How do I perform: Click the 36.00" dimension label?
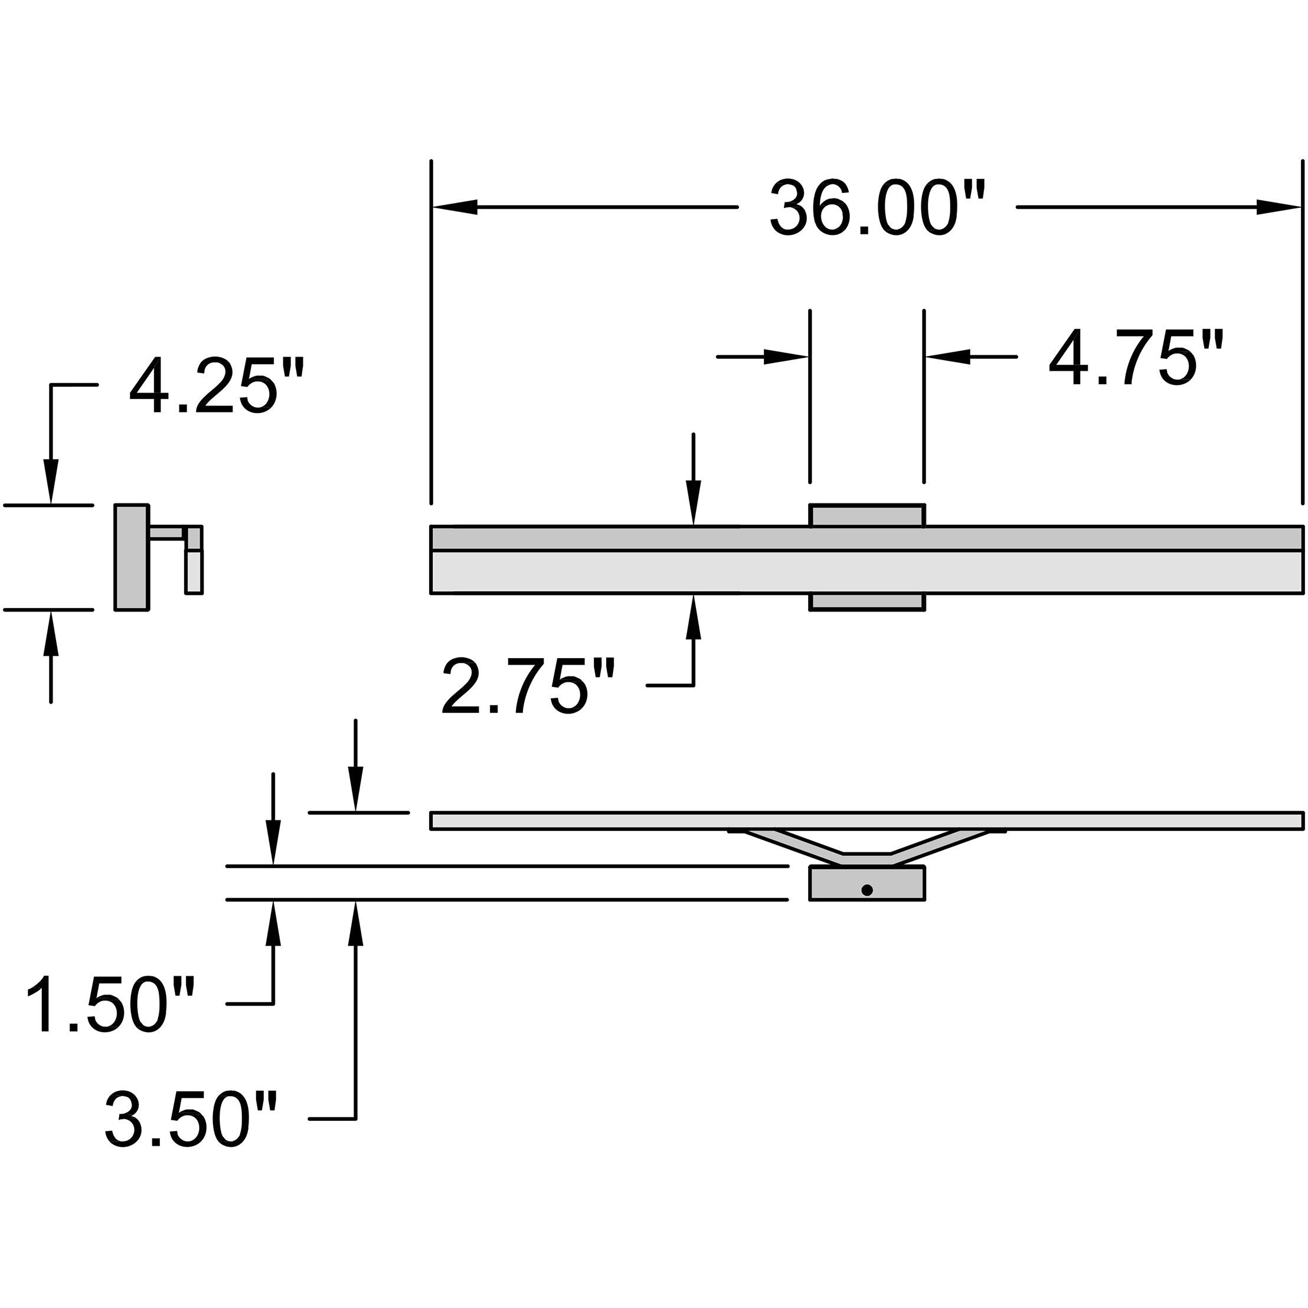point(877,208)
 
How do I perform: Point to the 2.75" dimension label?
point(528,688)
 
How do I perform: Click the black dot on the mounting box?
point(866,890)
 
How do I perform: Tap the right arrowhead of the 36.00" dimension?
point(1279,208)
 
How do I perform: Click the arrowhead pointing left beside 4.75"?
point(948,356)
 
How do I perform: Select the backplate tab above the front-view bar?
point(866,515)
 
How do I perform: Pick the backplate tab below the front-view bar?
point(866,602)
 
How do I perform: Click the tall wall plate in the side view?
point(132,557)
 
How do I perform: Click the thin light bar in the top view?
point(866,821)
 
